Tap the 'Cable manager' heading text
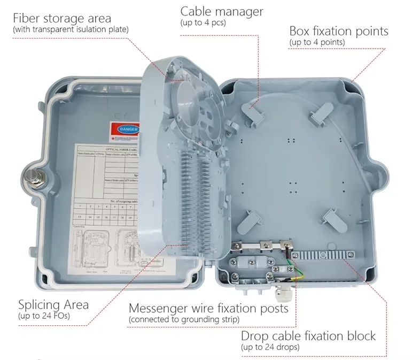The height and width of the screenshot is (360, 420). coord(221,12)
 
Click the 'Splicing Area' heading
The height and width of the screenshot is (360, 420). coord(53,305)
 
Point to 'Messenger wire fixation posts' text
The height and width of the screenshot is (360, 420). coord(208,309)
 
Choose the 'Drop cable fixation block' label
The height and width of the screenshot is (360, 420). coord(308,336)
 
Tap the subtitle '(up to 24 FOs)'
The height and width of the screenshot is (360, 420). coord(44,317)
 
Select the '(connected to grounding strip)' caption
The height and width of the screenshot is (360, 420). coord(183,319)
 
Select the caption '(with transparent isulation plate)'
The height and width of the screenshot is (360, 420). coord(71,29)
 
